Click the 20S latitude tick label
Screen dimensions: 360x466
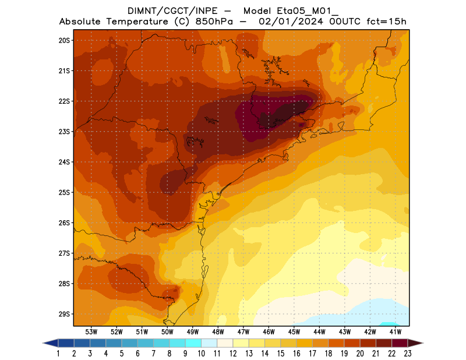[x=63, y=40]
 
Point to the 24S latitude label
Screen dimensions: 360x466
[x=63, y=162]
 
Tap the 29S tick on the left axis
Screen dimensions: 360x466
[x=63, y=314]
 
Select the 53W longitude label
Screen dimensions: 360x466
[x=91, y=331]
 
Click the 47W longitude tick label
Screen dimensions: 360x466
[x=243, y=331]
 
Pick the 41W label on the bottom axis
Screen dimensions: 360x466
[x=396, y=331]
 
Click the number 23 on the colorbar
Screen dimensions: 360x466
[x=407, y=353]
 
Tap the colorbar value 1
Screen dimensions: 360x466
[x=59, y=353]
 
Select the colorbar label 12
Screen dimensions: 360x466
[x=233, y=353]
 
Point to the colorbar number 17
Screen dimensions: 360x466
[x=312, y=353]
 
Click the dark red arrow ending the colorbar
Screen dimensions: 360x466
[x=415, y=343]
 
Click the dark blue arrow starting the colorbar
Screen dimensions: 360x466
[x=50, y=343]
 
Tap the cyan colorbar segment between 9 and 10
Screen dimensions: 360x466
[x=193, y=343]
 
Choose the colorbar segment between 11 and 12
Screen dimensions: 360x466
[x=225, y=343]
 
